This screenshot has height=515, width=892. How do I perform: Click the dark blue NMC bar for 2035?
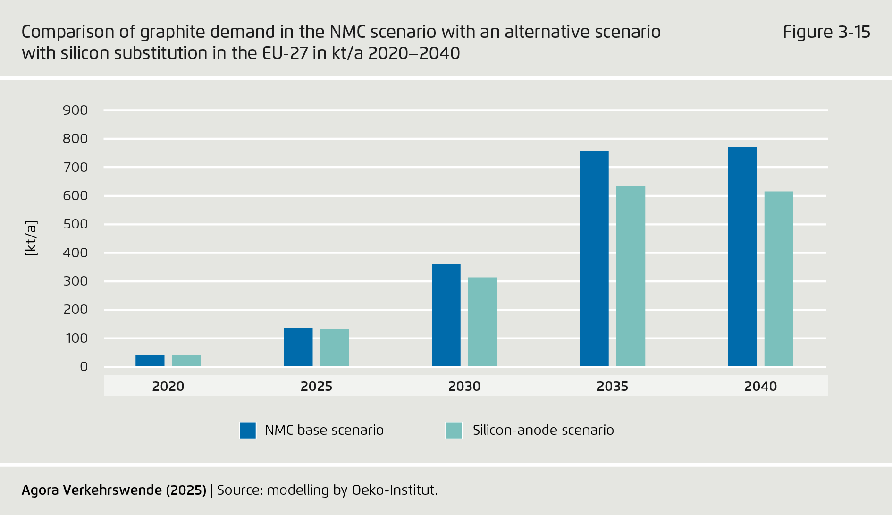pyautogui.click(x=594, y=259)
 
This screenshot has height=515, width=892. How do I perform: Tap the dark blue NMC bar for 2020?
pyautogui.click(x=150, y=360)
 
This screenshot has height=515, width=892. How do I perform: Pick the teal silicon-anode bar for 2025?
pyautogui.click(x=335, y=348)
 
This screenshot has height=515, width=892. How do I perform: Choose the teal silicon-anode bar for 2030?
pyautogui.click(x=482, y=322)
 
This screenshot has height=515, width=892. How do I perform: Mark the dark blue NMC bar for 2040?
pyautogui.click(x=742, y=256)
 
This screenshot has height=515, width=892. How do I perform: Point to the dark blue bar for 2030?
pyautogui.click(x=446, y=315)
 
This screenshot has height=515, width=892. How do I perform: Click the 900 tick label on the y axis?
pyautogui.click(x=76, y=110)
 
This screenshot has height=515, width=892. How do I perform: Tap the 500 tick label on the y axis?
pyautogui.click(x=76, y=224)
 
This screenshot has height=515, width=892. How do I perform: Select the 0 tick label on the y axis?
pyautogui.click(x=84, y=367)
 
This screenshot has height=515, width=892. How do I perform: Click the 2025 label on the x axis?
pyautogui.click(x=316, y=386)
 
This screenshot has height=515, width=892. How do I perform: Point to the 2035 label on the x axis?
pyautogui.click(x=612, y=386)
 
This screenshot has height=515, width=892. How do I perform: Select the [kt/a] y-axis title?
pyautogui.click(x=31, y=238)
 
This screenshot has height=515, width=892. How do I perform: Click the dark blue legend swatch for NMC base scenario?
pyautogui.click(x=248, y=431)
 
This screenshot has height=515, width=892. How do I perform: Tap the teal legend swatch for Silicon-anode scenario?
pyautogui.click(x=454, y=431)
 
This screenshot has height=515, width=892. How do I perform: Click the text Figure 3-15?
pyautogui.click(x=826, y=32)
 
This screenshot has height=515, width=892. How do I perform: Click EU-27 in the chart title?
pyautogui.click(x=285, y=53)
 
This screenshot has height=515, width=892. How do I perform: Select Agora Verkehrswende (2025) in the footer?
pyautogui.click(x=114, y=490)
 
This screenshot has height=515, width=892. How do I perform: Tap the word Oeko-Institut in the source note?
pyautogui.click(x=393, y=490)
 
